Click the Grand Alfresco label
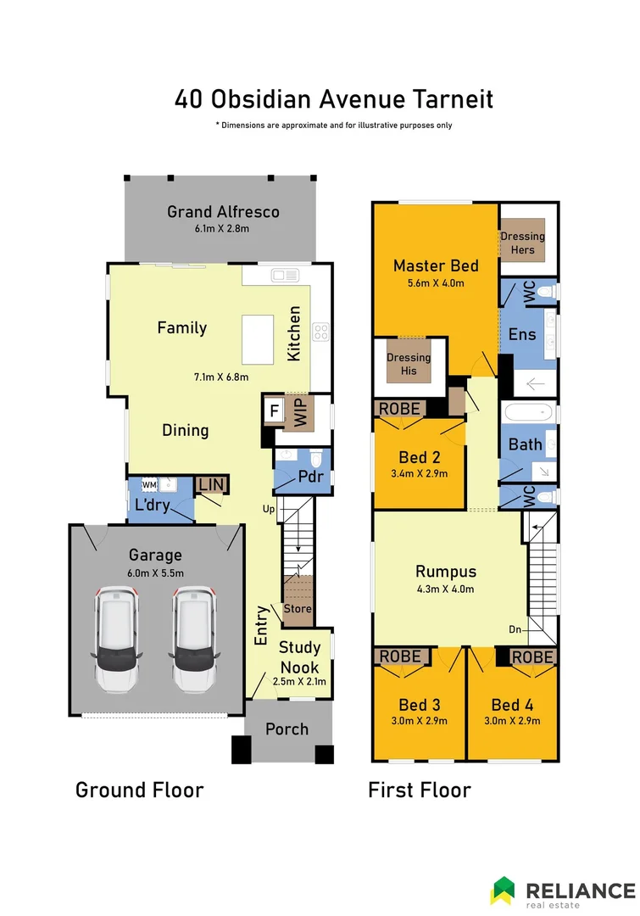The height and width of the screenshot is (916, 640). point(223,212)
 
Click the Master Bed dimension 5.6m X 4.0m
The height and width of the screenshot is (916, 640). point(436,284)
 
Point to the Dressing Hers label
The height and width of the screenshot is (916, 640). point(522,243)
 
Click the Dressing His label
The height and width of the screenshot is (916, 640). point(409,364)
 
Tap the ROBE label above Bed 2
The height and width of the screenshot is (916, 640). point(399,409)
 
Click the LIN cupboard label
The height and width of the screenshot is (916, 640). point(210,484)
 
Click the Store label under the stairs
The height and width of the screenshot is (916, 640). point(298,609)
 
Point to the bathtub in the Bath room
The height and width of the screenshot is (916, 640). point(528,413)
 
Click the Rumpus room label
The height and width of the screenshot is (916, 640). point(445,572)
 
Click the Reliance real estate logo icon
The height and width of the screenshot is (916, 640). point(504,891)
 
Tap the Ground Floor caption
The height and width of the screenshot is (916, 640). point(140,790)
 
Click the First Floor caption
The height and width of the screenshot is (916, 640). point(420,790)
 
